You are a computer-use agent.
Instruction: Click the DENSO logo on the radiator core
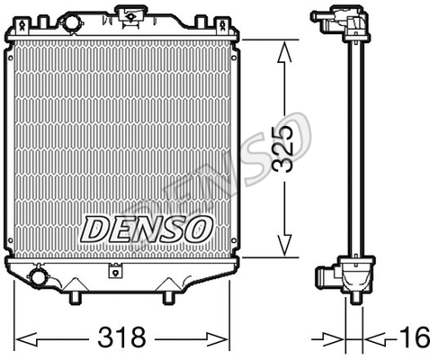click(147, 228)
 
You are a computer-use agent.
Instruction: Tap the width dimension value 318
click(122, 338)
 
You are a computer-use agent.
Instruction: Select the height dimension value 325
click(286, 148)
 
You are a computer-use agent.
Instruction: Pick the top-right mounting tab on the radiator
click(236, 36)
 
